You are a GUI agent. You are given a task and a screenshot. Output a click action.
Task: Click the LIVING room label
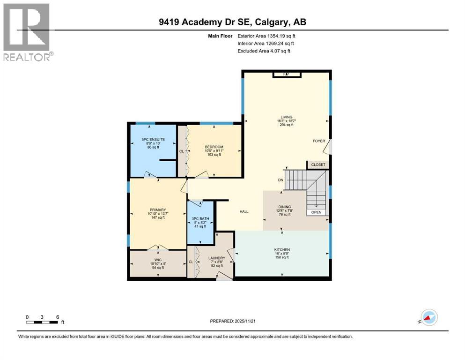pyautogui.click(x=286, y=117)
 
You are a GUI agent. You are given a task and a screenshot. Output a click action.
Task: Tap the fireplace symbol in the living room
pyautogui.click(x=286, y=74)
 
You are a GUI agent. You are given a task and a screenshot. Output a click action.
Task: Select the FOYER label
pyautogui.click(x=319, y=141)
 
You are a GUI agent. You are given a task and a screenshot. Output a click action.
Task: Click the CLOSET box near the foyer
pyautogui.click(x=318, y=165)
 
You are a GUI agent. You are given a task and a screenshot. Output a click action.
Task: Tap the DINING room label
pyautogui.click(x=284, y=207)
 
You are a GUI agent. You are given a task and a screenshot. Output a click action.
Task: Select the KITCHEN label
pyautogui.click(x=282, y=249)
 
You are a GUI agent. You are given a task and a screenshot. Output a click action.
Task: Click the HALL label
pyautogui.click(x=244, y=212)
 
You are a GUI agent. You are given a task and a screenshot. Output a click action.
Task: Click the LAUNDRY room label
pyautogui.click(x=216, y=258)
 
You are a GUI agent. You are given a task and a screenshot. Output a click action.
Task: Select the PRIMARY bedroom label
pyautogui.click(x=155, y=210)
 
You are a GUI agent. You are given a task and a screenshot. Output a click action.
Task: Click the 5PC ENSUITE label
pyautogui.click(x=153, y=139)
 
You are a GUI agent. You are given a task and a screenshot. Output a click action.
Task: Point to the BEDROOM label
pyautogui.click(x=214, y=147)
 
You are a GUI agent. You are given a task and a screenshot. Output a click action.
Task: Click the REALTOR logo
pyautogui.click(x=27, y=32)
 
